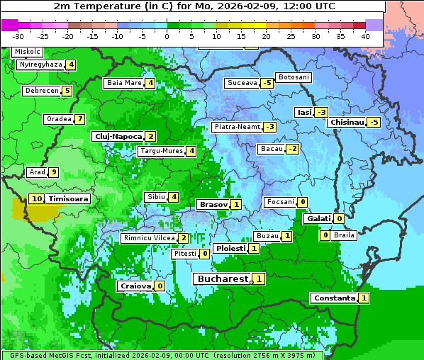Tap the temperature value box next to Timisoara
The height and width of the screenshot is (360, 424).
click(x=36, y=199)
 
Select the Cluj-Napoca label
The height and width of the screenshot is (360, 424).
click(x=118, y=136)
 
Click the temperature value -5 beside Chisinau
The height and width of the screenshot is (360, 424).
click(x=374, y=122)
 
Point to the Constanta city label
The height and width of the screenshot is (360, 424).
click(x=333, y=298)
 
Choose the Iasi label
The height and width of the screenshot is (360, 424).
click(x=304, y=112)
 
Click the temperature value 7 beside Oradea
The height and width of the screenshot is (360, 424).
click(x=80, y=119)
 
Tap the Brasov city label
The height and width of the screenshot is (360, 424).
click(x=213, y=204)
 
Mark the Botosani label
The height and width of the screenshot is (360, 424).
click(x=293, y=77)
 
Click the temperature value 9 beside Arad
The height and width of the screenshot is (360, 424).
click(x=53, y=172)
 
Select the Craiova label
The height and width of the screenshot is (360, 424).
click(x=135, y=286)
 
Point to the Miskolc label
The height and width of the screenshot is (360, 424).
click(x=28, y=52)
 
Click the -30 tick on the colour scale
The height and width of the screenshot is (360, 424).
click(x=18, y=35)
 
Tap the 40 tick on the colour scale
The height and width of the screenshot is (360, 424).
click(x=365, y=35)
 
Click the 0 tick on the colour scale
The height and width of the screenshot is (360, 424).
click(x=167, y=35)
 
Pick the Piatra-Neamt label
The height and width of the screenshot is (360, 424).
click(x=237, y=127)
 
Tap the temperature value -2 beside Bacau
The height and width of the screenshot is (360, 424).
click(x=292, y=149)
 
